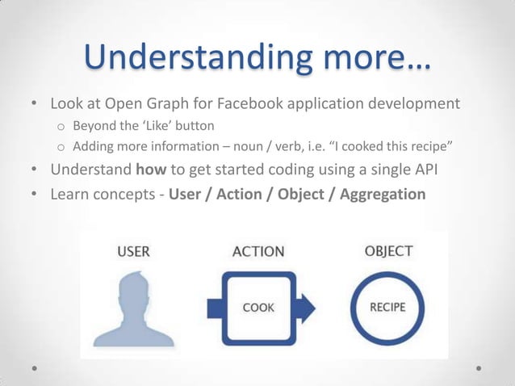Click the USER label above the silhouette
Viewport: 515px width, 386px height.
pyautogui.click(x=133, y=251)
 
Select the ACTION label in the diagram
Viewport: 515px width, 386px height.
pyautogui.click(x=258, y=251)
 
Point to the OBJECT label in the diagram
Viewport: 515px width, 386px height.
pyautogui.click(x=388, y=251)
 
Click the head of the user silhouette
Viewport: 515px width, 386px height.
pyautogui.click(x=133, y=289)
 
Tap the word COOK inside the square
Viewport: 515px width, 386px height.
pyautogui.click(x=258, y=308)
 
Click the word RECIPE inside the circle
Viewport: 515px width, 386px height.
pyautogui.click(x=387, y=308)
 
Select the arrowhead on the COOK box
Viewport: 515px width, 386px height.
pyautogui.click(x=308, y=308)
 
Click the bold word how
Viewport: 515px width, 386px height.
pyautogui.click(x=151, y=170)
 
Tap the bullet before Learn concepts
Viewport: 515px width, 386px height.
pyautogui.click(x=34, y=195)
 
